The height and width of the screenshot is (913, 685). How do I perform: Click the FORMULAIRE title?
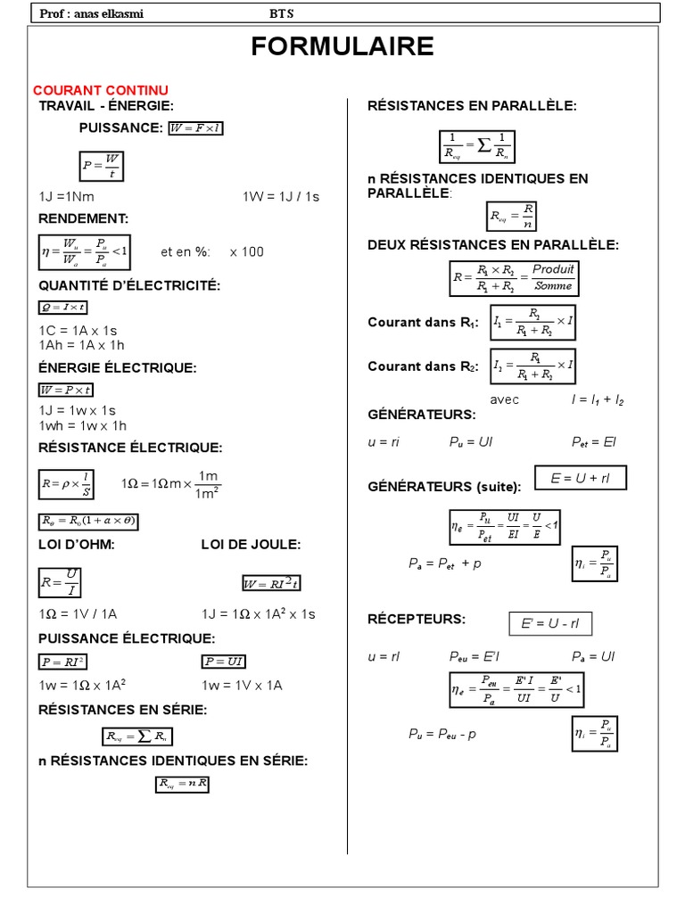click(342, 46)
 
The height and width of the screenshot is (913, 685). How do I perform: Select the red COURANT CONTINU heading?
click(101, 91)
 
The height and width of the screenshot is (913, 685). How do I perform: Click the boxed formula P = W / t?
click(100, 166)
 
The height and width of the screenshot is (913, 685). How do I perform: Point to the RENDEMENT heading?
click(84, 218)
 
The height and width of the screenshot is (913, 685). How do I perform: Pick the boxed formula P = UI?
click(224, 661)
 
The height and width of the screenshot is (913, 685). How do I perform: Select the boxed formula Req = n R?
click(182, 784)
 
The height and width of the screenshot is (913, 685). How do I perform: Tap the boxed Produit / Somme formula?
click(513, 277)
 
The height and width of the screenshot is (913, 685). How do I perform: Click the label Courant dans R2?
click(425, 366)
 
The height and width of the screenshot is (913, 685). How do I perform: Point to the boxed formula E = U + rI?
click(580, 478)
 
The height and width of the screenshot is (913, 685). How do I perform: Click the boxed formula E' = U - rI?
click(550, 624)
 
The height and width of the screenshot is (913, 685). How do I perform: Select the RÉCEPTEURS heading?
click(417, 619)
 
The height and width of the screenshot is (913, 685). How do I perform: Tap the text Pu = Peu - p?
click(442, 734)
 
